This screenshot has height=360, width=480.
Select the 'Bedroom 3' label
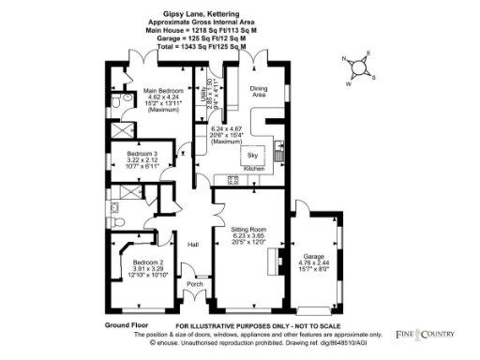click(142, 153)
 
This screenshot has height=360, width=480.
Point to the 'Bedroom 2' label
click(148, 262)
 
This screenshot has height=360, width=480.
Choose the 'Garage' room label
click(313, 255)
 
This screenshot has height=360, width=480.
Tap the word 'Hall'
click(193, 245)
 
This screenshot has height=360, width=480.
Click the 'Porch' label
click(195, 283)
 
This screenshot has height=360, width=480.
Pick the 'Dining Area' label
click(258, 91)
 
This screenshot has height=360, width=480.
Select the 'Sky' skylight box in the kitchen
click(252, 154)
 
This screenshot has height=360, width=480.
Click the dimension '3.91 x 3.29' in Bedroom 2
click(148, 269)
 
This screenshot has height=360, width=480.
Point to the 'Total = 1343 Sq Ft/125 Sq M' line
click(196, 46)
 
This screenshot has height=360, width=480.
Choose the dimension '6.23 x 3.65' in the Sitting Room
click(249, 236)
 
